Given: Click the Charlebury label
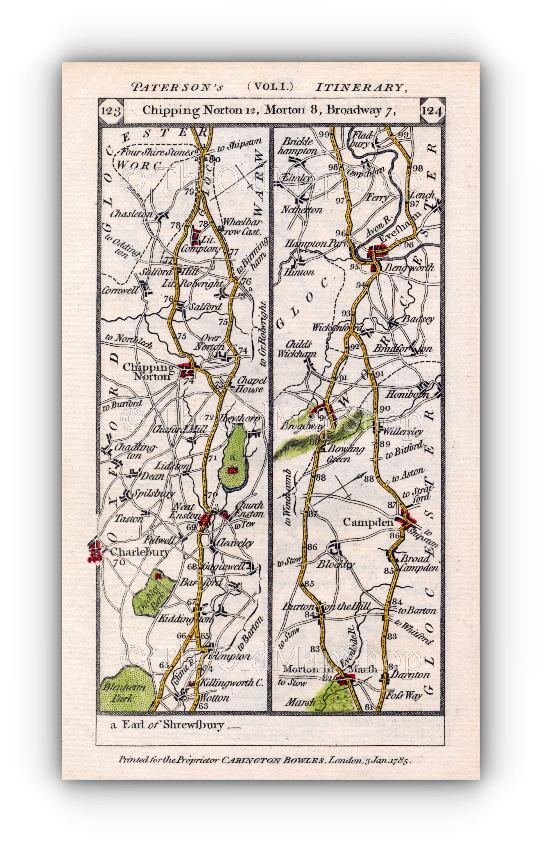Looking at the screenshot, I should [x=140, y=552].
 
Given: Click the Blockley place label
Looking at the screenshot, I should [x=336, y=564].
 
